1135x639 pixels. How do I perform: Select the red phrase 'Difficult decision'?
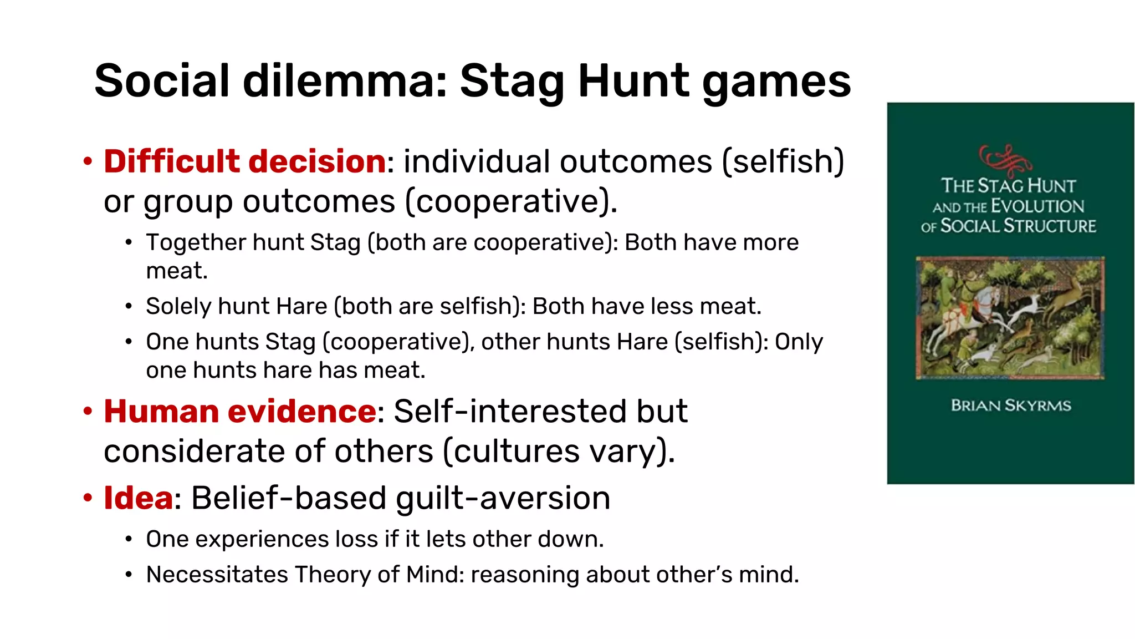(x=245, y=161)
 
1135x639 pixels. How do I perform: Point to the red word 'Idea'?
(x=139, y=498)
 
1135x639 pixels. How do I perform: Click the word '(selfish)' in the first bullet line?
(x=783, y=162)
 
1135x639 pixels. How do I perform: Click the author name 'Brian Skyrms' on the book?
(x=1011, y=405)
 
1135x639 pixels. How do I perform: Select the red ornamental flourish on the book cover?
(x=1005, y=159)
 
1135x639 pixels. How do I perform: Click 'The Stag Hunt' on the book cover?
(x=1008, y=186)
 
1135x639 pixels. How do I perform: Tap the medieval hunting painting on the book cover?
(x=1010, y=318)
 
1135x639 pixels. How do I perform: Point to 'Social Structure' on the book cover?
(x=1018, y=226)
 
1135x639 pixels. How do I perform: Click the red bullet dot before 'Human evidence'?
(x=88, y=412)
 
